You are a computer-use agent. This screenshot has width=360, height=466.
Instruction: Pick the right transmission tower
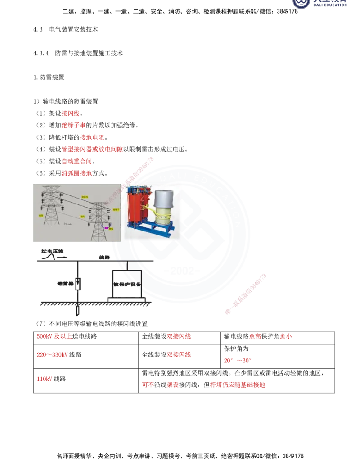99,221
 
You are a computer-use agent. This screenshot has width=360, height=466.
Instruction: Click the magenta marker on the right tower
106,228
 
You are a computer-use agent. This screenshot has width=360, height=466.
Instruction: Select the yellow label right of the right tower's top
116,209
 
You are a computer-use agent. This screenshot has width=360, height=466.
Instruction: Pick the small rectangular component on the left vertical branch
77,284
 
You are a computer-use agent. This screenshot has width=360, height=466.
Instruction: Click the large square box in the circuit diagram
127,284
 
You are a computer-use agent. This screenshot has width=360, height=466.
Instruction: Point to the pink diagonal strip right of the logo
245,293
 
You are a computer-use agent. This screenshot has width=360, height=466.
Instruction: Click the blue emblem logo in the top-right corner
301,4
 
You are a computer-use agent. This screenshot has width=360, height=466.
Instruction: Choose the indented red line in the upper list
92,137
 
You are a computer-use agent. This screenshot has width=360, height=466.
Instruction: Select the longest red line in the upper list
92,149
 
